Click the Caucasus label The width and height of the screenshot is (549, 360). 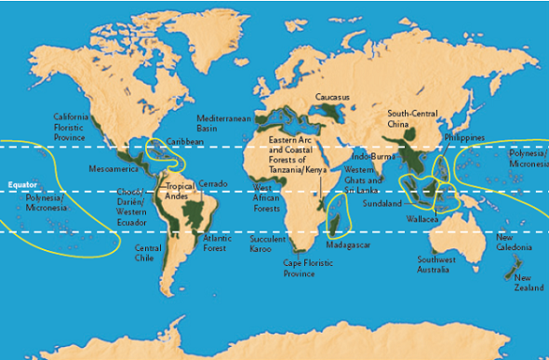pyautogui.click(x=332, y=97)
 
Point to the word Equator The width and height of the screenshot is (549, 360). pyautogui.click(x=21, y=184)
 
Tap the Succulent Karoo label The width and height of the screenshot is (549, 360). pyautogui.click(x=267, y=245)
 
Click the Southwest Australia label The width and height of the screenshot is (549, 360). pyautogui.click(x=436, y=264)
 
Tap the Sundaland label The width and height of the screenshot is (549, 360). pyautogui.click(x=382, y=202)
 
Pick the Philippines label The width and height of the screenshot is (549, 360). pyautogui.click(x=465, y=137)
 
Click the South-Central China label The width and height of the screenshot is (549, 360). pyautogui.click(x=412, y=118)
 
